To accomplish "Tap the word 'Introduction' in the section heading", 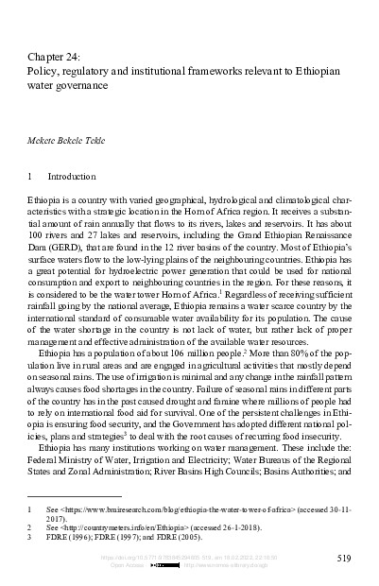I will (72, 177).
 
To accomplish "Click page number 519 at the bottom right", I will (344, 559).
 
